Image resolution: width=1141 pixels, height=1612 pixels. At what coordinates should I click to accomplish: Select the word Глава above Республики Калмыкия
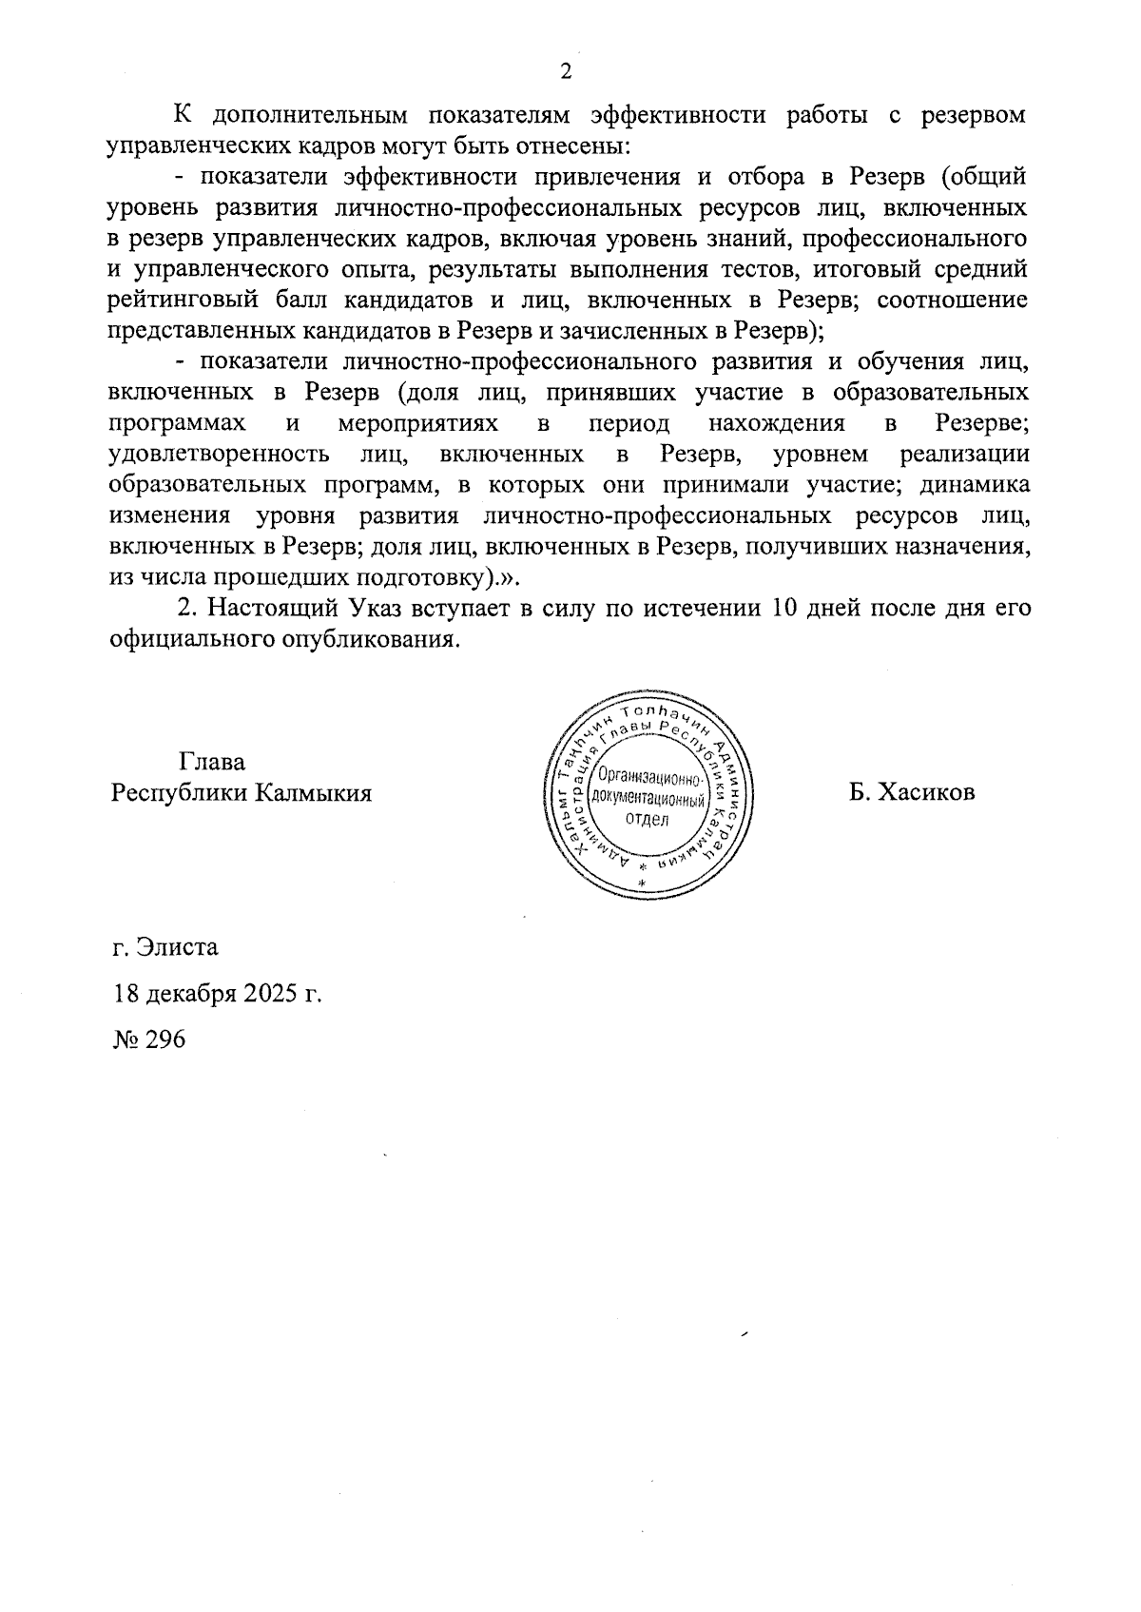coord(211,762)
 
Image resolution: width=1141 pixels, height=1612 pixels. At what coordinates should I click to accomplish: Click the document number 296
coord(164,1039)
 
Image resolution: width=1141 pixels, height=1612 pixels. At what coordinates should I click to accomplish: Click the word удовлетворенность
coord(220,454)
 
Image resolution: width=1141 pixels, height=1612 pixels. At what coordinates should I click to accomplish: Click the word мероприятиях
coord(418,422)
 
